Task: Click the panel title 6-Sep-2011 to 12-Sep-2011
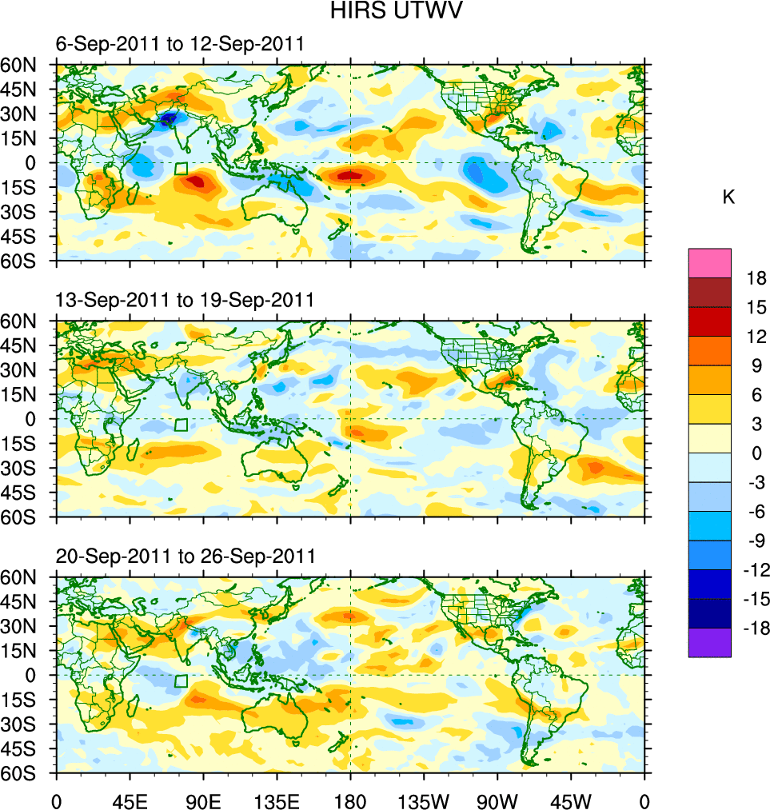click(179, 44)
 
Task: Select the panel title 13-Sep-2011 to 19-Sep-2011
click(185, 300)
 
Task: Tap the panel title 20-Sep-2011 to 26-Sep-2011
click(185, 556)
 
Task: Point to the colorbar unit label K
click(728, 198)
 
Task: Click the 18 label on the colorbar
click(756, 278)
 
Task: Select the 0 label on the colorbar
click(752, 453)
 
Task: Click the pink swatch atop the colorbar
click(709, 262)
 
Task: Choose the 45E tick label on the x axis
click(130, 800)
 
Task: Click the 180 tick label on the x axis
click(350, 800)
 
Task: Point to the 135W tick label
click(424, 800)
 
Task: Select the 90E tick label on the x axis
click(203, 800)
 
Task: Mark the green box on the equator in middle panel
click(182, 425)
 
